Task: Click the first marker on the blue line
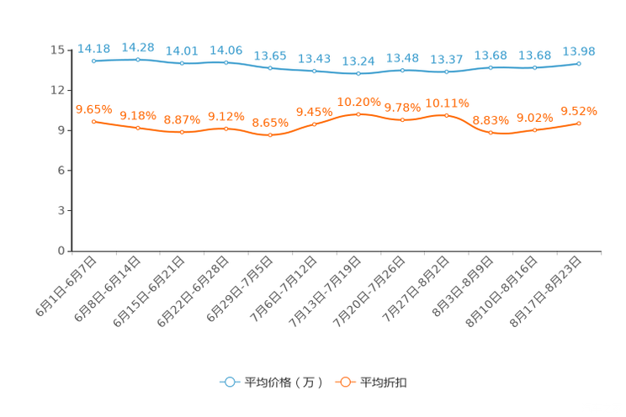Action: [93, 61]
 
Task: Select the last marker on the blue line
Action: [579, 63]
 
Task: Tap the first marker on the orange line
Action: [93, 122]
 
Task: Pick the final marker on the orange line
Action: [579, 124]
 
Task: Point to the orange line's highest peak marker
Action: [358, 114]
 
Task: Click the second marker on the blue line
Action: [138, 59]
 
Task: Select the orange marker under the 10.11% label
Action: [447, 116]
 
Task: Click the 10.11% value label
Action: [447, 103]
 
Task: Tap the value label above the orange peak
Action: [358, 102]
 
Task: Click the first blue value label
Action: [93, 49]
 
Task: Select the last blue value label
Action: [579, 51]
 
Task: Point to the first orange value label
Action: [93, 109]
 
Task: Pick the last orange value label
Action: [579, 111]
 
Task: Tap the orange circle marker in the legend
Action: [344, 382]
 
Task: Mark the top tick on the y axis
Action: [71, 50]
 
